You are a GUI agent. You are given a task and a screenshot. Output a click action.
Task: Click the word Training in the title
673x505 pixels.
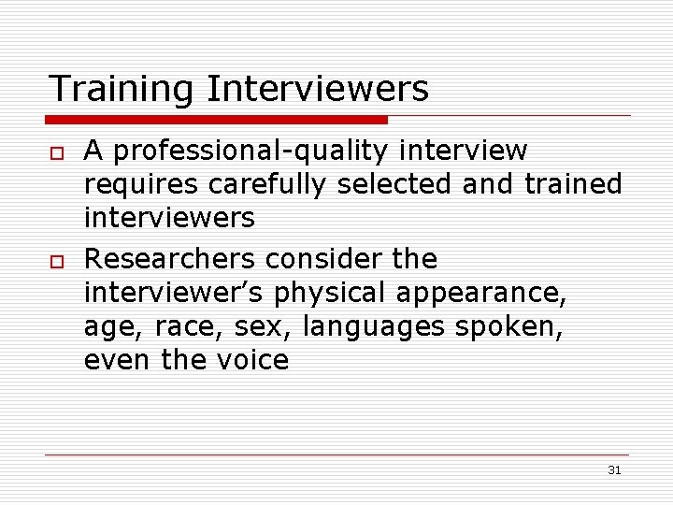(x=122, y=90)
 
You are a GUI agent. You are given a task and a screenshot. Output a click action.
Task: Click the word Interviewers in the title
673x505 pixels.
(x=318, y=90)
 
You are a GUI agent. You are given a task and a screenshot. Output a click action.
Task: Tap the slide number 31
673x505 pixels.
(x=614, y=470)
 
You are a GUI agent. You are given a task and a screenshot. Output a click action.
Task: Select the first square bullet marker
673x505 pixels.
(x=57, y=152)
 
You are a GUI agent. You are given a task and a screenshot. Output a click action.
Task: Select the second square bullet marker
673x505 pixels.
(x=57, y=259)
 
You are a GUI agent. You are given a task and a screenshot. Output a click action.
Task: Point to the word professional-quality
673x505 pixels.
(x=251, y=151)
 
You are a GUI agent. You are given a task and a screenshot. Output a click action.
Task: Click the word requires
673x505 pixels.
(x=141, y=185)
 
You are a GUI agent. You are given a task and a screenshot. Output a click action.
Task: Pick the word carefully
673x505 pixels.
(x=267, y=185)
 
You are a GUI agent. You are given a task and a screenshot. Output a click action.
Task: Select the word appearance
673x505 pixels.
(x=481, y=293)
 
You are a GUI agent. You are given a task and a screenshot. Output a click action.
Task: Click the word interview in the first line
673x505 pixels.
(x=464, y=151)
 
